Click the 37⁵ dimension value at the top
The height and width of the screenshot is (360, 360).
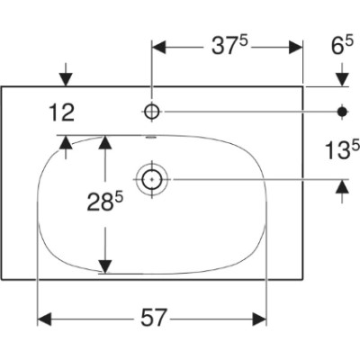point(230,46)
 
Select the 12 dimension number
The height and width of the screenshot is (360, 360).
point(61,112)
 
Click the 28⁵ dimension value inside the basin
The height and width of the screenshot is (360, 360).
point(105,202)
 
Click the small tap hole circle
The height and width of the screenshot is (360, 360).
point(152,112)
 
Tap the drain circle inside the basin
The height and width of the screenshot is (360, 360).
point(152,179)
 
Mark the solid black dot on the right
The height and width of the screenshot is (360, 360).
point(342,112)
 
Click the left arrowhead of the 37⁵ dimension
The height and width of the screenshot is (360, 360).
point(159,48)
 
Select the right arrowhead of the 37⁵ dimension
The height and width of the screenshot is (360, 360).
point(295,48)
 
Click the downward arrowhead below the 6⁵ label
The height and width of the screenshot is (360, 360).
point(342,79)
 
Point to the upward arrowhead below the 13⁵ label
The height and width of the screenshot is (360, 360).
point(342,186)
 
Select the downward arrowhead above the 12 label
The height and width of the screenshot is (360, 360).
point(67,79)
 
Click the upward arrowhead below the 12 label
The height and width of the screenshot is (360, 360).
point(66,142)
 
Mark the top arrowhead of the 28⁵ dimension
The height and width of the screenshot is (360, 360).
point(105,142)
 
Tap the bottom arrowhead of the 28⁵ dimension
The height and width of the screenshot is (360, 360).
point(105,266)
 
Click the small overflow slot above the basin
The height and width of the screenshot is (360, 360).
point(151,138)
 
